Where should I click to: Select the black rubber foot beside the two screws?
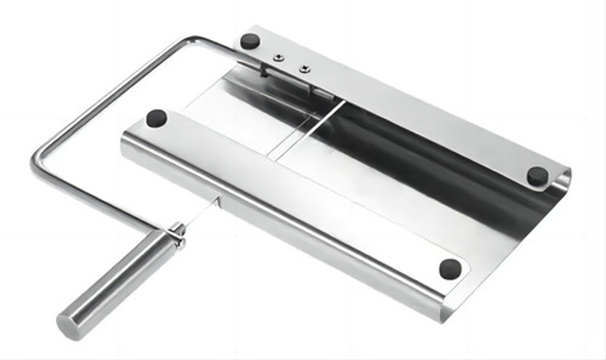249,41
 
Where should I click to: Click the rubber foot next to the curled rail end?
537,175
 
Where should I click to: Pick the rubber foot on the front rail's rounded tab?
450,269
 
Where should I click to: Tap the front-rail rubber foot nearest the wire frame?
157,118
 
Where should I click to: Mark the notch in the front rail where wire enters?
219,203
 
